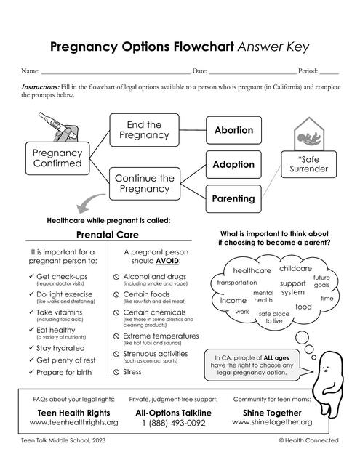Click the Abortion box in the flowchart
point(233,130)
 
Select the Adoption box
point(233,165)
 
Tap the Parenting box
point(233,198)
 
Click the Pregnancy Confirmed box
point(58,158)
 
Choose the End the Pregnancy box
point(144,130)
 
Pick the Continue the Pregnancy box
point(144,183)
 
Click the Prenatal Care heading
point(108,235)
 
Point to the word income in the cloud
point(233,300)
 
